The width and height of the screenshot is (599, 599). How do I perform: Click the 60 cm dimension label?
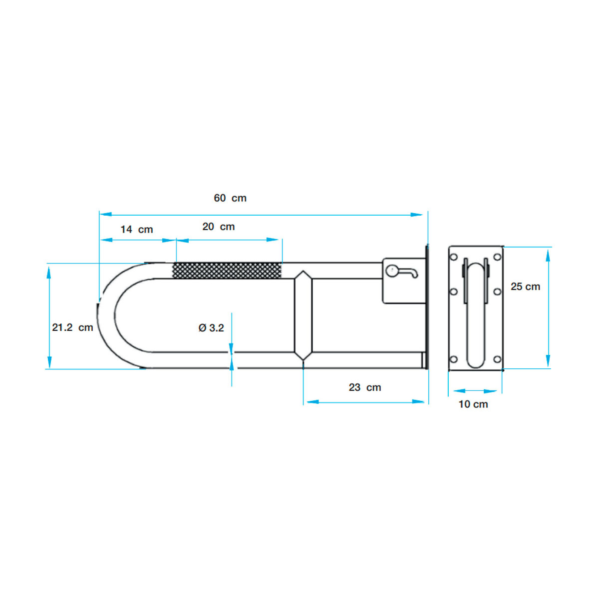coord(230,198)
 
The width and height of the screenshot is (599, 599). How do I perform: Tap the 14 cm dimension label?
coord(137,229)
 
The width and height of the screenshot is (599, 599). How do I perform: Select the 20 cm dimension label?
coord(219,227)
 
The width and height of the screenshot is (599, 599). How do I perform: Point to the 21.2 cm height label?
coord(72,327)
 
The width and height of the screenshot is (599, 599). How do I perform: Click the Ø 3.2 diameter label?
coord(211,328)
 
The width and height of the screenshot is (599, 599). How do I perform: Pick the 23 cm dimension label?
coord(365,387)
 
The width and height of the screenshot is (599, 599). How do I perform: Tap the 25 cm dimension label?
coord(526,287)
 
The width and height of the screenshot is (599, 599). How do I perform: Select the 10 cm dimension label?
coord(474,404)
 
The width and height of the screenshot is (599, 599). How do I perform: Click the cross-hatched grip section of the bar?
coord(227,270)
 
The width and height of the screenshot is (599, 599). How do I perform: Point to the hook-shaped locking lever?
coord(402,272)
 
